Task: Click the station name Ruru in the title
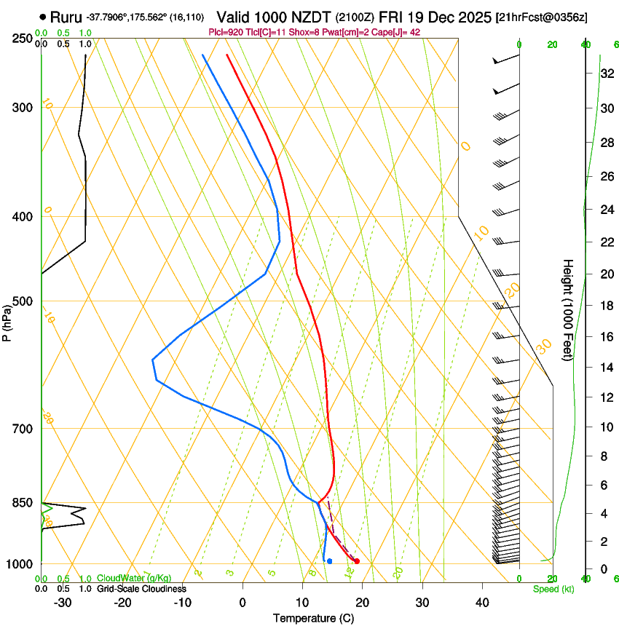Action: coord(66,17)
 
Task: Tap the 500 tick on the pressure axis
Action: coord(23,301)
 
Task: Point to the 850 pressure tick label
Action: coord(23,503)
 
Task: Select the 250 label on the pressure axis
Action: coord(23,38)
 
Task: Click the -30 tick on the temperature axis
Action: coord(63,603)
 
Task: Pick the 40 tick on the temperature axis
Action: coord(482,603)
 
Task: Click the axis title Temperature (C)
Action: coord(314,619)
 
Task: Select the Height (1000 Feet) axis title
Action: coord(568,309)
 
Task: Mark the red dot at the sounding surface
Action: coord(356,561)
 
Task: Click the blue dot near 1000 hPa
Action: coord(330,561)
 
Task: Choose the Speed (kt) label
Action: coord(553,589)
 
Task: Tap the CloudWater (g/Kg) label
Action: coord(134,579)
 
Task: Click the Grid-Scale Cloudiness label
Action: coord(141,589)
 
